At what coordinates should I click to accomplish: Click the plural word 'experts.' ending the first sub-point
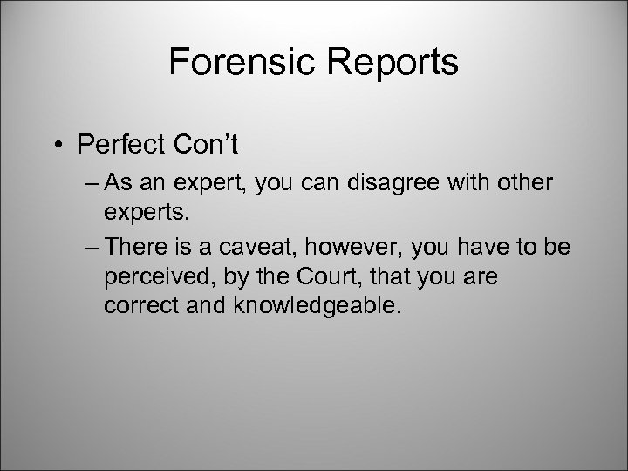click(x=143, y=210)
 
